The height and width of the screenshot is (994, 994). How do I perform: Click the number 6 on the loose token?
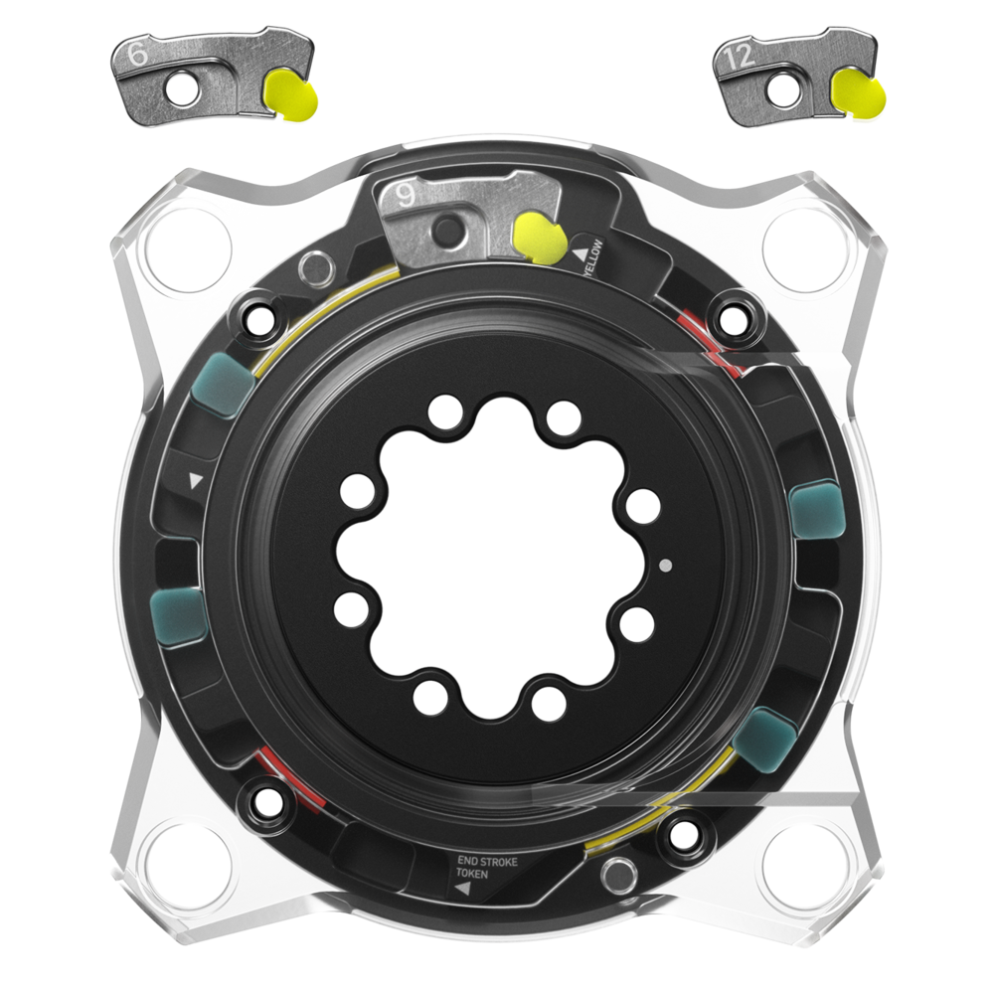click(137, 54)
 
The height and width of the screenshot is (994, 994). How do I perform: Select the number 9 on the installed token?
click(406, 195)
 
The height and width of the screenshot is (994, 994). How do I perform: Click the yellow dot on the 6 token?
click(291, 94)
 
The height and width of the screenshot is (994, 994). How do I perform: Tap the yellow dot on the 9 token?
click(540, 238)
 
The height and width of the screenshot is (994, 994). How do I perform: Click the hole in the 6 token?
click(184, 88)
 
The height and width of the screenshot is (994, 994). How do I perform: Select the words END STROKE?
click(487, 862)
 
